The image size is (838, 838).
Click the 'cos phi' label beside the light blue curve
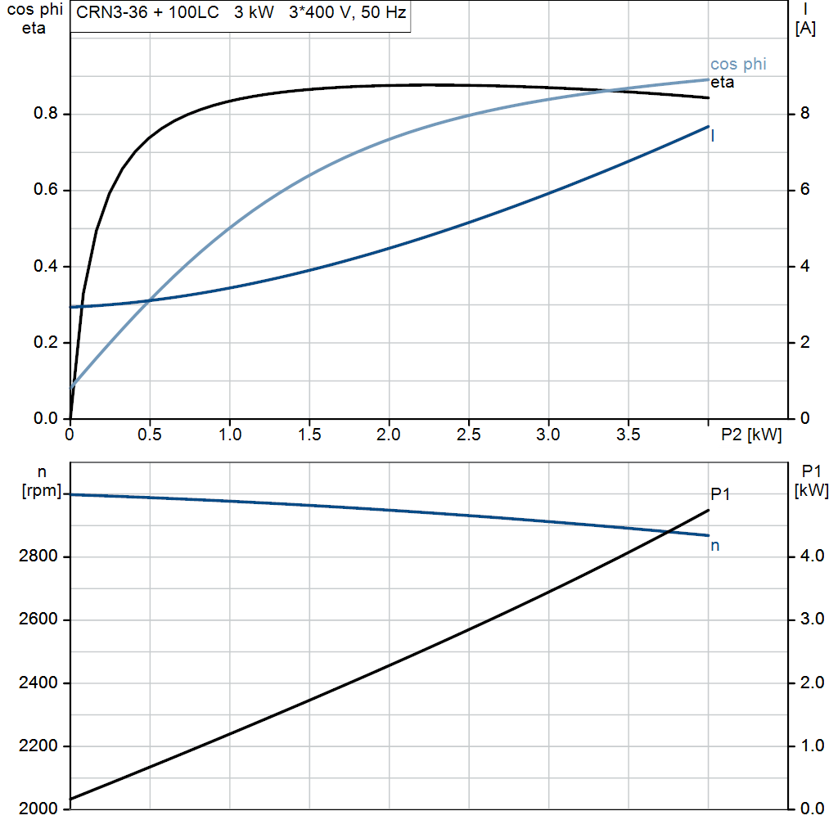(x=738, y=65)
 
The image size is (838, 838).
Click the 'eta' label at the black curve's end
(x=722, y=83)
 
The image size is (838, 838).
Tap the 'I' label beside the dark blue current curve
(x=713, y=137)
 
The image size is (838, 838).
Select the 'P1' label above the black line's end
(x=720, y=494)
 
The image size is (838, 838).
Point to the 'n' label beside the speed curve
(x=715, y=546)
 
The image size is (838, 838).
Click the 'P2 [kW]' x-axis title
(x=751, y=435)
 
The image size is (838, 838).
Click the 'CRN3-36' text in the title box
(x=111, y=12)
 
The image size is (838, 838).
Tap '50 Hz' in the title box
(x=384, y=12)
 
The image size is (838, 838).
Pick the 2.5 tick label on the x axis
(x=468, y=435)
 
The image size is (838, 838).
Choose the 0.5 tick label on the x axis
(x=149, y=435)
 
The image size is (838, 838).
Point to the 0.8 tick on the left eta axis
(x=46, y=113)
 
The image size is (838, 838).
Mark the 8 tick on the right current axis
(x=805, y=113)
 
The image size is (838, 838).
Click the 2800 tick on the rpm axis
(x=38, y=556)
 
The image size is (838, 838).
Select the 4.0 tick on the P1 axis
(x=812, y=556)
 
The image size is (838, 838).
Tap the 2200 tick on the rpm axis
(x=38, y=746)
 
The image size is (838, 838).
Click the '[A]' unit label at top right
(x=805, y=29)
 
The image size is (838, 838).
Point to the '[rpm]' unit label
(x=42, y=491)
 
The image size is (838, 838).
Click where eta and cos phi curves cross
(x=609, y=91)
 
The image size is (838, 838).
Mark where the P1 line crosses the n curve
(x=668, y=531)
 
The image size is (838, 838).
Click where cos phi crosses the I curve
(x=151, y=300)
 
